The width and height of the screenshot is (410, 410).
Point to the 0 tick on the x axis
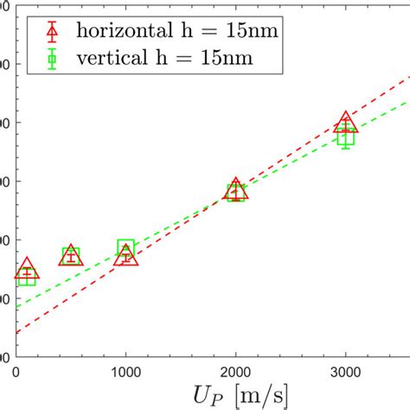[16, 372]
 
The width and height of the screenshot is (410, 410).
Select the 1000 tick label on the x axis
[126, 372]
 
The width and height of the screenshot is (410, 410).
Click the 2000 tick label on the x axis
[236, 372]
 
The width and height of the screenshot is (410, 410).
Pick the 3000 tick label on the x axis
[345, 372]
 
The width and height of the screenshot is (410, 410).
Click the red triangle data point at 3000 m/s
[345, 123]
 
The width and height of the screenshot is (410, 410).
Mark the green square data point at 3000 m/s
[345, 137]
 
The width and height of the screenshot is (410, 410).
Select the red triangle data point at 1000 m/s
[126, 256]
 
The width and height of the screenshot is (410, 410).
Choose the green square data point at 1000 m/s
[126, 249]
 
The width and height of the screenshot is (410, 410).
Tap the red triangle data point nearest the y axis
[27, 269]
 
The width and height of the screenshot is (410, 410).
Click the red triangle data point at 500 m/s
[71, 254]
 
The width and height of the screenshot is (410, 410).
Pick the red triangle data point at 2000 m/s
[235, 190]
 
